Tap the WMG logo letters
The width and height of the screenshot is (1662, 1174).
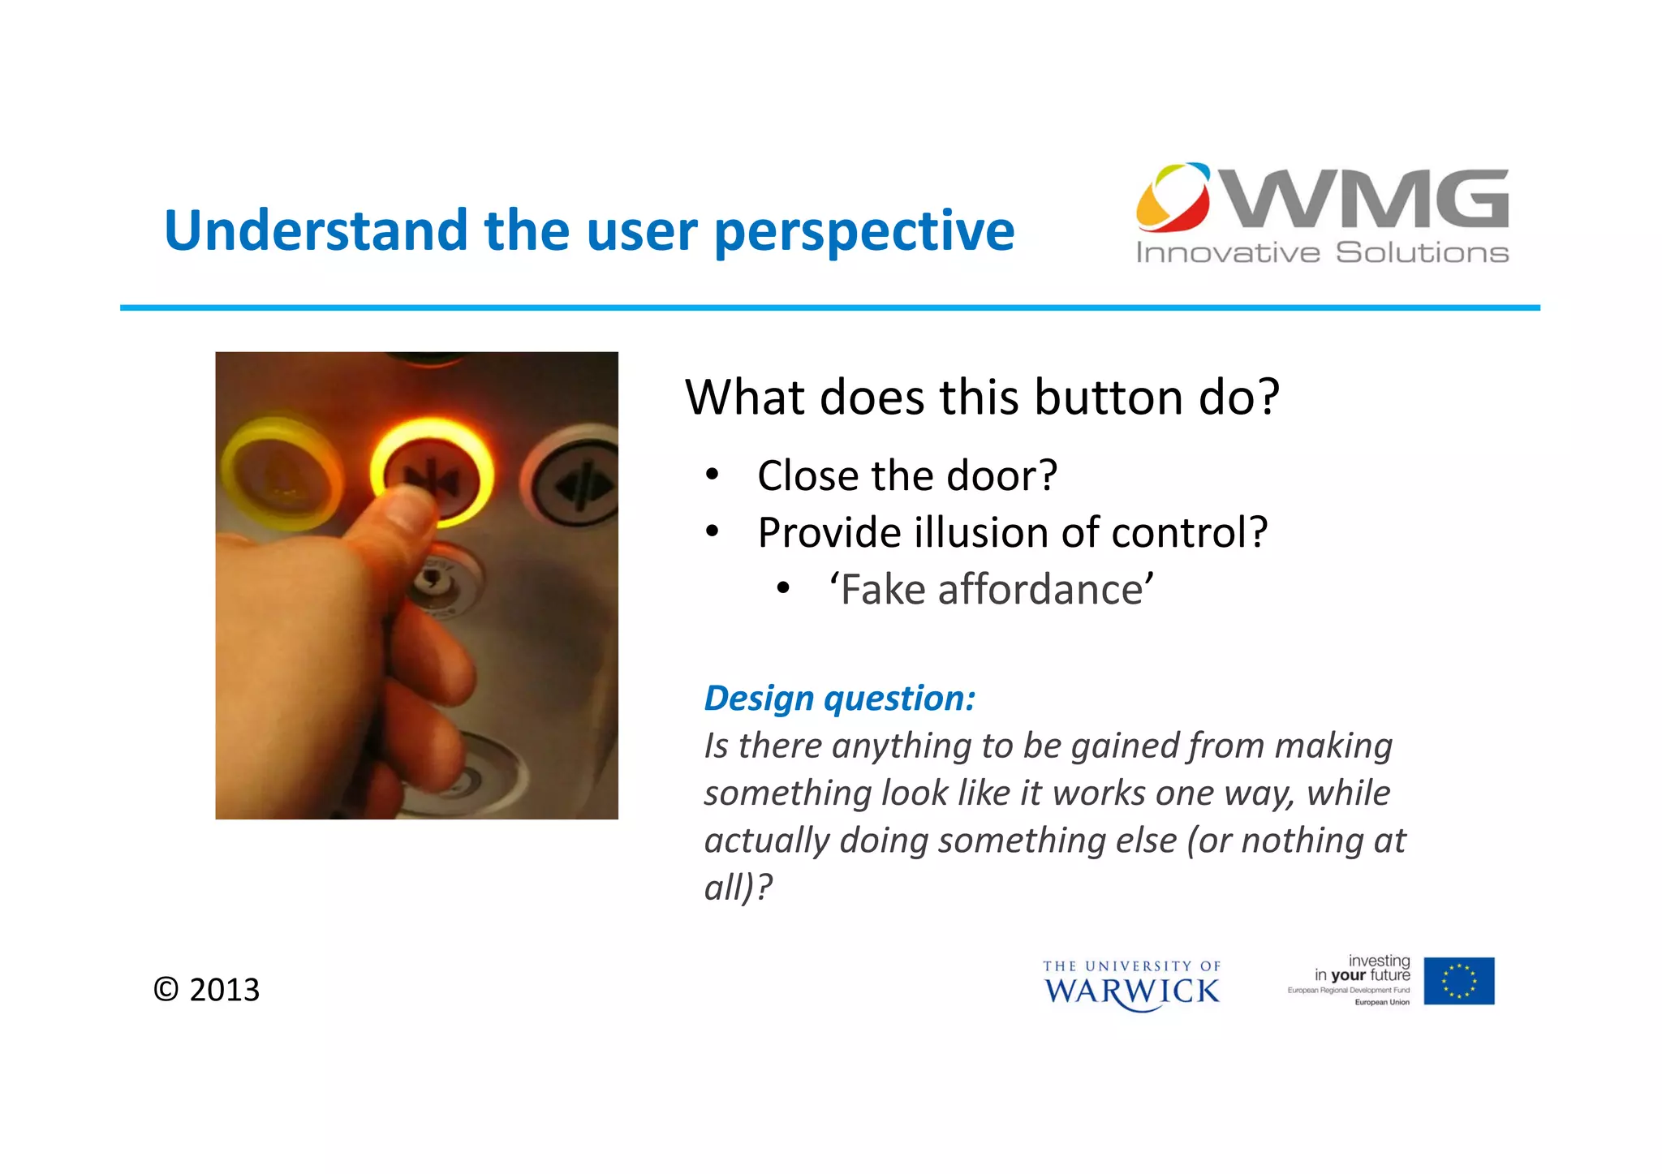pyautogui.click(x=1367, y=199)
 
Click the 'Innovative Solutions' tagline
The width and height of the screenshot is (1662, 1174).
pyautogui.click(x=1321, y=253)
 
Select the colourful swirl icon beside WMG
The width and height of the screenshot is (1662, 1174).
pyautogui.click(x=1173, y=197)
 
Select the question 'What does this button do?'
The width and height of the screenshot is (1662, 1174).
pyautogui.click(x=982, y=398)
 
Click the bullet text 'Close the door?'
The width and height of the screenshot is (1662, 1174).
pyautogui.click(x=906, y=476)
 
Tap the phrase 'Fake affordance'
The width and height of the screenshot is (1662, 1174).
pyautogui.click(x=991, y=590)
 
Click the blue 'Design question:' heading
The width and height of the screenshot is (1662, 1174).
pyautogui.click(x=839, y=699)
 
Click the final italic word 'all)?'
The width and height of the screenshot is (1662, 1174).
pyautogui.click(x=738, y=888)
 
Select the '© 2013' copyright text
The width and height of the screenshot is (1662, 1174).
pyautogui.click(x=207, y=990)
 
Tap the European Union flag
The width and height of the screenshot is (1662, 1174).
pyautogui.click(x=1458, y=981)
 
